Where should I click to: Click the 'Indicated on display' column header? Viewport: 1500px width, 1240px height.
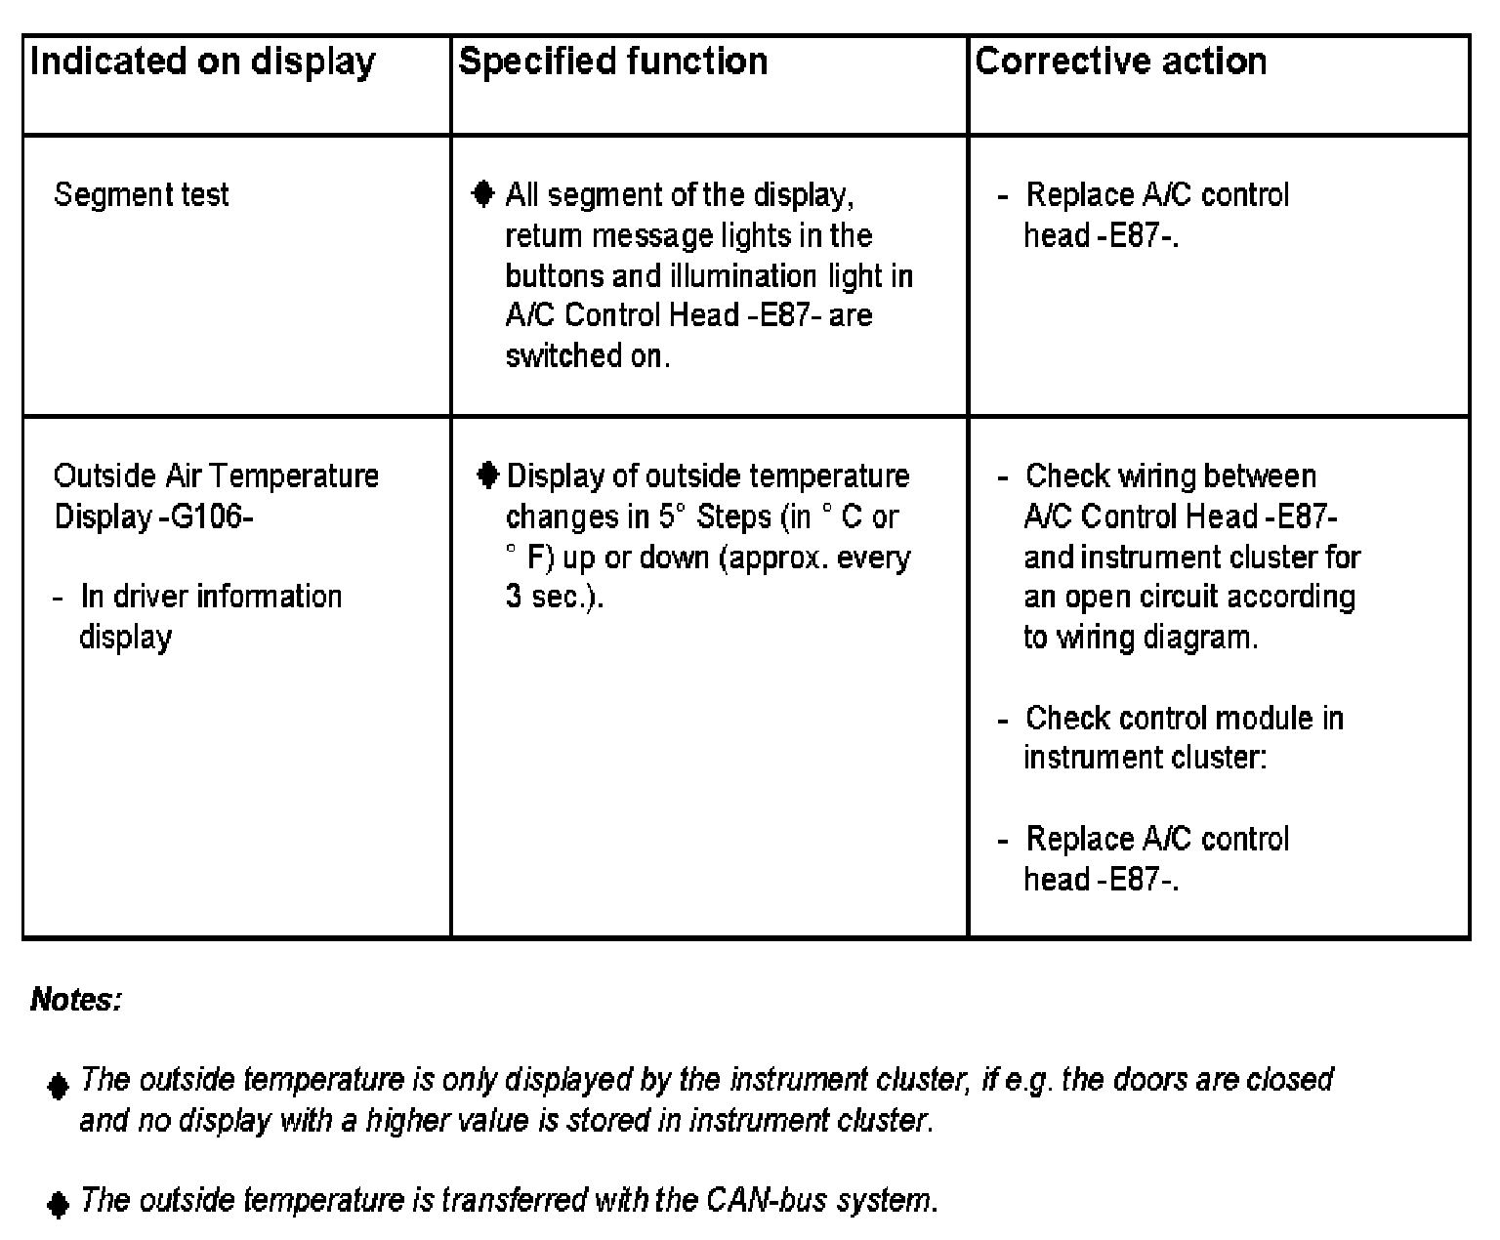[x=203, y=62]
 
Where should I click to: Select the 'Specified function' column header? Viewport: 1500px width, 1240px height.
[x=613, y=62]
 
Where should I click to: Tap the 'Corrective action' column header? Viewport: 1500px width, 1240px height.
[x=1121, y=62]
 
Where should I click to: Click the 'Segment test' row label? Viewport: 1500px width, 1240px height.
[x=142, y=194]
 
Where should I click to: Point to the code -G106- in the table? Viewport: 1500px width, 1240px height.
[x=206, y=516]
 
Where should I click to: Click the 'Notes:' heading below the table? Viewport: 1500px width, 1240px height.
[x=76, y=999]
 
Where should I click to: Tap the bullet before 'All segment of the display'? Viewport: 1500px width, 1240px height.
[x=482, y=194]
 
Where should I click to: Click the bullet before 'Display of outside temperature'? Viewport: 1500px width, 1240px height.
[x=488, y=475]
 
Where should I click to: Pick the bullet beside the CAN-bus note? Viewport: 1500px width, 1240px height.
[x=59, y=1204]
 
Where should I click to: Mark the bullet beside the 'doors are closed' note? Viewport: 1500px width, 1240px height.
[x=59, y=1085]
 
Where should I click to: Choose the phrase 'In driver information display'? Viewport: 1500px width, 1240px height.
[x=210, y=615]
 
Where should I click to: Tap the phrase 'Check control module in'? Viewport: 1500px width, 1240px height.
[x=1185, y=718]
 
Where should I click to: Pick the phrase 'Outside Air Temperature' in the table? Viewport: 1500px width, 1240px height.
[x=217, y=475]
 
